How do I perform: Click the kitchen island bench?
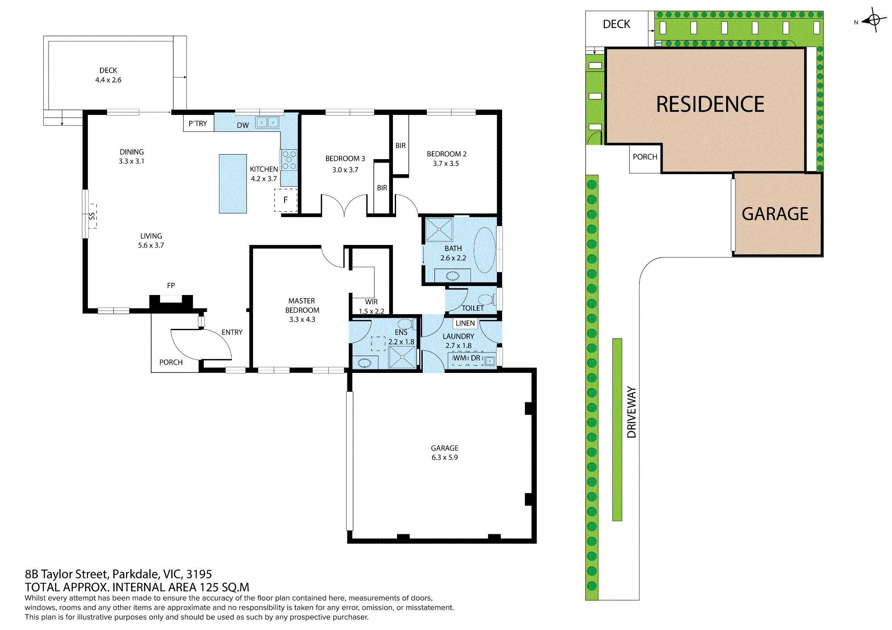coord(233,184)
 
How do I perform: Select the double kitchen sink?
coord(267,123)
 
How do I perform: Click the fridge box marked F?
coord(285,200)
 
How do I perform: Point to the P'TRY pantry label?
coord(198,123)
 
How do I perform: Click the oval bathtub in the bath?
coord(485,250)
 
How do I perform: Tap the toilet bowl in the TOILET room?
coord(486,299)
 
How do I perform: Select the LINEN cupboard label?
coord(465,323)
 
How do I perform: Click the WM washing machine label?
coord(460,358)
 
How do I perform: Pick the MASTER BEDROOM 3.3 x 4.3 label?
coord(302,310)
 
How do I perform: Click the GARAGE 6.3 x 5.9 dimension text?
coord(445,458)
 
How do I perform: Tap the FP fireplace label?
coord(171,286)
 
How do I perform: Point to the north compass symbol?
coord(874,20)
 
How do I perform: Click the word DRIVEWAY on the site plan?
coord(632,412)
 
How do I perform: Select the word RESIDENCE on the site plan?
coord(710,105)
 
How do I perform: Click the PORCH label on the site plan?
coord(645,157)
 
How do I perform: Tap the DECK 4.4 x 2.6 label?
coord(108,75)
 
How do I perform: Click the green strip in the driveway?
coord(617,430)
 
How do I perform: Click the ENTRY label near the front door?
coord(232,332)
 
